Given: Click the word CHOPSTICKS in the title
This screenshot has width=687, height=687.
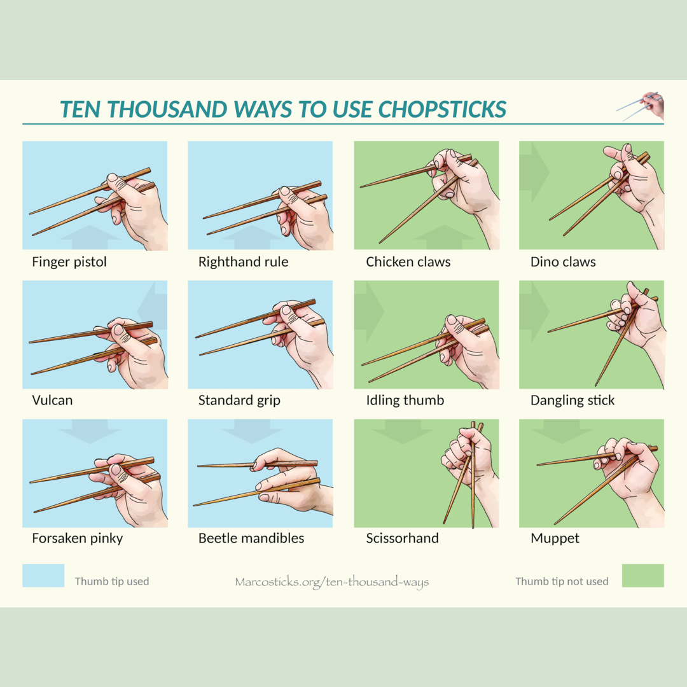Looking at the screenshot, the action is [442, 109].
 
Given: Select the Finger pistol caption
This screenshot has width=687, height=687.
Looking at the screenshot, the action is [69, 262].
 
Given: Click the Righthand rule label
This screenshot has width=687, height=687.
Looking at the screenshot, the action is [243, 262].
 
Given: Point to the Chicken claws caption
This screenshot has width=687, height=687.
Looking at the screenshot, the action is [408, 262].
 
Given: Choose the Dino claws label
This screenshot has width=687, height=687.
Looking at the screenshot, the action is [563, 262].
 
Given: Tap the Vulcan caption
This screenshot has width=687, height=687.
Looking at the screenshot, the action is [52, 400].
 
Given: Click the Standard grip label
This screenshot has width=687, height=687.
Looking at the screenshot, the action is [239, 401].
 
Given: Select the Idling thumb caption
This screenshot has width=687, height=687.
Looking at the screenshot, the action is [405, 401].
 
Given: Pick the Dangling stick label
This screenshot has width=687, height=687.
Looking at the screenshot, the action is [572, 401].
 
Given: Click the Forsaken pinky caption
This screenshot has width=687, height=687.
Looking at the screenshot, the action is [77, 539].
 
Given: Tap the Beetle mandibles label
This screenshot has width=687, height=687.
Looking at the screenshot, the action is [251, 538].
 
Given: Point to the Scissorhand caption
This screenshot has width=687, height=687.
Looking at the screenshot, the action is [402, 538].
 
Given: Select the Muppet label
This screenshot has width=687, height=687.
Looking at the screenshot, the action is [555, 539].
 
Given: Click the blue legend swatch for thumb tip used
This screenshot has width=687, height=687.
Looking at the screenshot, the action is [43, 575].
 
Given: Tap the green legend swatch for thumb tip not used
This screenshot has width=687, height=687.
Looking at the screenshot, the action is [642, 575].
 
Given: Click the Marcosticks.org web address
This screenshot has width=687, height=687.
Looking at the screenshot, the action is [331, 582].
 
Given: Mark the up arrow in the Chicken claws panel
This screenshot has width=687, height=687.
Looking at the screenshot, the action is [444, 237].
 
